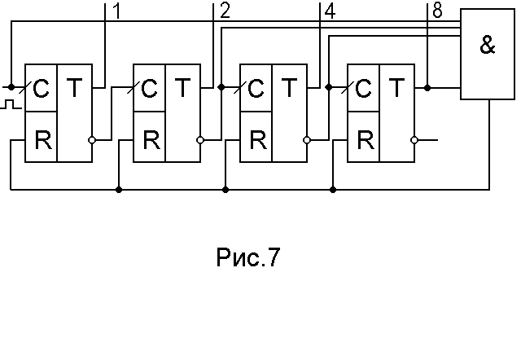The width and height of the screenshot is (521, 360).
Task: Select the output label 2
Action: [225, 11]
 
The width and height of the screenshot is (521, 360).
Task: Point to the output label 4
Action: [329, 11]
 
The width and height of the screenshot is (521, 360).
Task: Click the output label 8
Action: [439, 11]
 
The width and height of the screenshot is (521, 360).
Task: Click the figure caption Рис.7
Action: [247, 258]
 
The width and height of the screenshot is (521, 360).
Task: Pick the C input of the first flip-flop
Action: [42, 88]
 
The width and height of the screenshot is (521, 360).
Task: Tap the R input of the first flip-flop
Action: [42, 138]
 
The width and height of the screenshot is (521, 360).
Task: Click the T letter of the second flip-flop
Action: [181, 88]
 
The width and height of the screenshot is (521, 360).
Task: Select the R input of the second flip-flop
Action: [151, 138]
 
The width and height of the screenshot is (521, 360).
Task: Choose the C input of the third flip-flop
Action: [256, 88]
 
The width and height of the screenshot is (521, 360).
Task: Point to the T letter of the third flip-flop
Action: [288, 88]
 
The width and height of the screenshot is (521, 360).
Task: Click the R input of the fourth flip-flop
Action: [366, 138]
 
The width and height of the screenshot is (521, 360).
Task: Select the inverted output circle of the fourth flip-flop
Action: [415, 140]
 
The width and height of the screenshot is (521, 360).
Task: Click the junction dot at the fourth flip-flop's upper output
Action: [428, 86]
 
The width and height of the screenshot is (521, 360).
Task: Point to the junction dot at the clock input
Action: [11, 86]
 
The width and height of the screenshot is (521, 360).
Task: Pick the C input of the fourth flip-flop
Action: [364, 88]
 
